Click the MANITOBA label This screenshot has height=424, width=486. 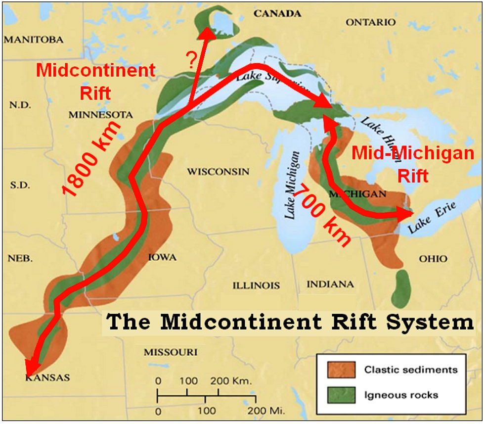pyautogui.click(x=34, y=40)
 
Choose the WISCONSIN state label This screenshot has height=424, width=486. pyautogui.click(x=218, y=172)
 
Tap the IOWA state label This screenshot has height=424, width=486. pyautogui.click(x=162, y=258)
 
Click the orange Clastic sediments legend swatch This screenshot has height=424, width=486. pyautogui.click(x=341, y=369)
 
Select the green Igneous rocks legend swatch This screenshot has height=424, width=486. pyautogui.click(x=341, y=394)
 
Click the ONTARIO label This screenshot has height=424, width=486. pyautogui.click(x=370, y=23)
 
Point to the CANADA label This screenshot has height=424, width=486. pyautogui.click(x=277, y=14)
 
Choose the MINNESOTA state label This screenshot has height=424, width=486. pyautogui.click(x=101, y=115)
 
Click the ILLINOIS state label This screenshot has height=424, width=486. pyautogui.click(x=256, y=285)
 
